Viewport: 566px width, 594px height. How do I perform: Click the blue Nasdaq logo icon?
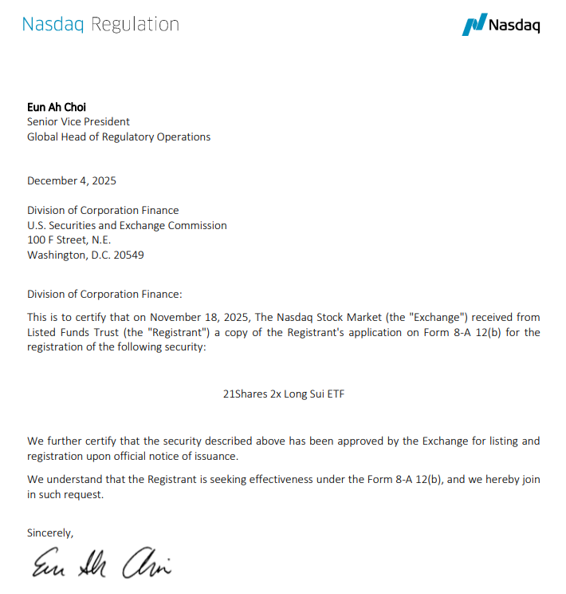pos(474,24)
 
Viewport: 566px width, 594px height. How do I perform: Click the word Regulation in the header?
pos(135,24)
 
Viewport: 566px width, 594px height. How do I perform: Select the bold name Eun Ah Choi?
pos(57,107)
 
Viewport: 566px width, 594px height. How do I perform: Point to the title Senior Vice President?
pos(78,122)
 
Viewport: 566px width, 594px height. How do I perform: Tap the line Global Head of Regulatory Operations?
pos(119,137)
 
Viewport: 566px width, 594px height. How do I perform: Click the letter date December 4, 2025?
pos(72,180)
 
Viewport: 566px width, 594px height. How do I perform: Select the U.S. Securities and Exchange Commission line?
pos(127,225)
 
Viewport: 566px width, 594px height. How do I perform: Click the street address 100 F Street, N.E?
pos(69,240)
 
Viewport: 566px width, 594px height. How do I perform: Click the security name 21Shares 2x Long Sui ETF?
pos(284,394)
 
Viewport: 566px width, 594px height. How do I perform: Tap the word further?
pos(65,441)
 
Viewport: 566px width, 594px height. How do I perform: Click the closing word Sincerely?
pos(50,533)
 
